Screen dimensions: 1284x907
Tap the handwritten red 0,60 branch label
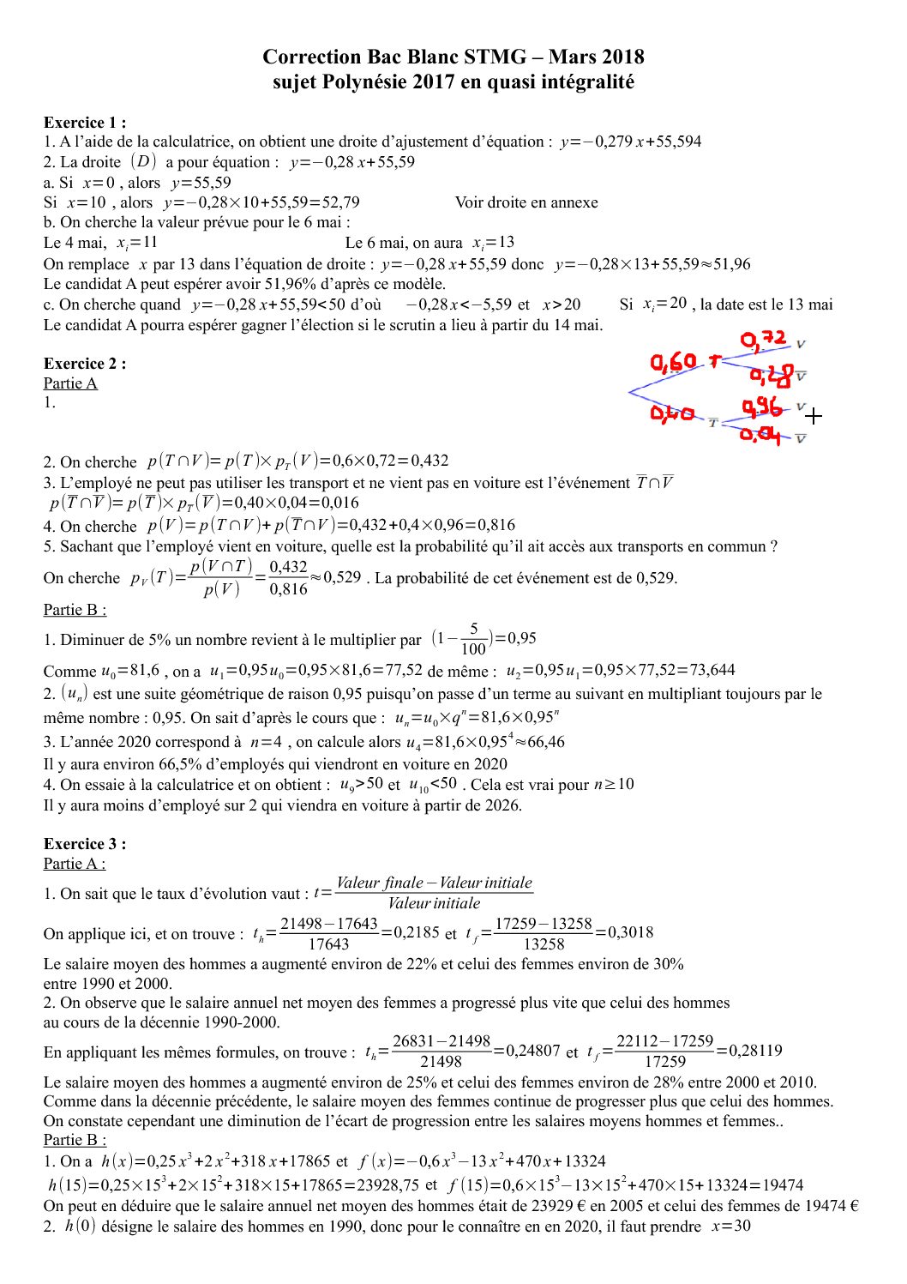click(x=673, y=363)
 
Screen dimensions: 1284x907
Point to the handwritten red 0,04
click(x=760, y=435)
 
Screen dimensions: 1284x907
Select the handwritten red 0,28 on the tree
click(x=771, y=374)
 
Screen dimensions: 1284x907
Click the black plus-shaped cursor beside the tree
click(x=814, y=416)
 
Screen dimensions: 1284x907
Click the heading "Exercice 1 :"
click(x=85, y=122)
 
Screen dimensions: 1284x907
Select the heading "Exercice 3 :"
click(x=85, y=843)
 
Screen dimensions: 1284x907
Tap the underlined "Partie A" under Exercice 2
click(x=70, y=383)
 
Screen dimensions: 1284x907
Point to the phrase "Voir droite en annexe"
click(x=526, y=202)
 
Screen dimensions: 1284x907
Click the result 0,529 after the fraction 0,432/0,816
click(x=342, y=577)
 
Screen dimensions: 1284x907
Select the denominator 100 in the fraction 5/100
click(x=473, y=649)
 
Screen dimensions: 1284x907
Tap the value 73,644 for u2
click(x=711, y=670)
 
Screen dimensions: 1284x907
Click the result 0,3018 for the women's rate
click(x=624, y=932)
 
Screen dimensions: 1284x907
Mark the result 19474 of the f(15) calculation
click(x=782, y=1185)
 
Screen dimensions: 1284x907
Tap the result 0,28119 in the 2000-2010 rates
click(x=755, y=1051)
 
